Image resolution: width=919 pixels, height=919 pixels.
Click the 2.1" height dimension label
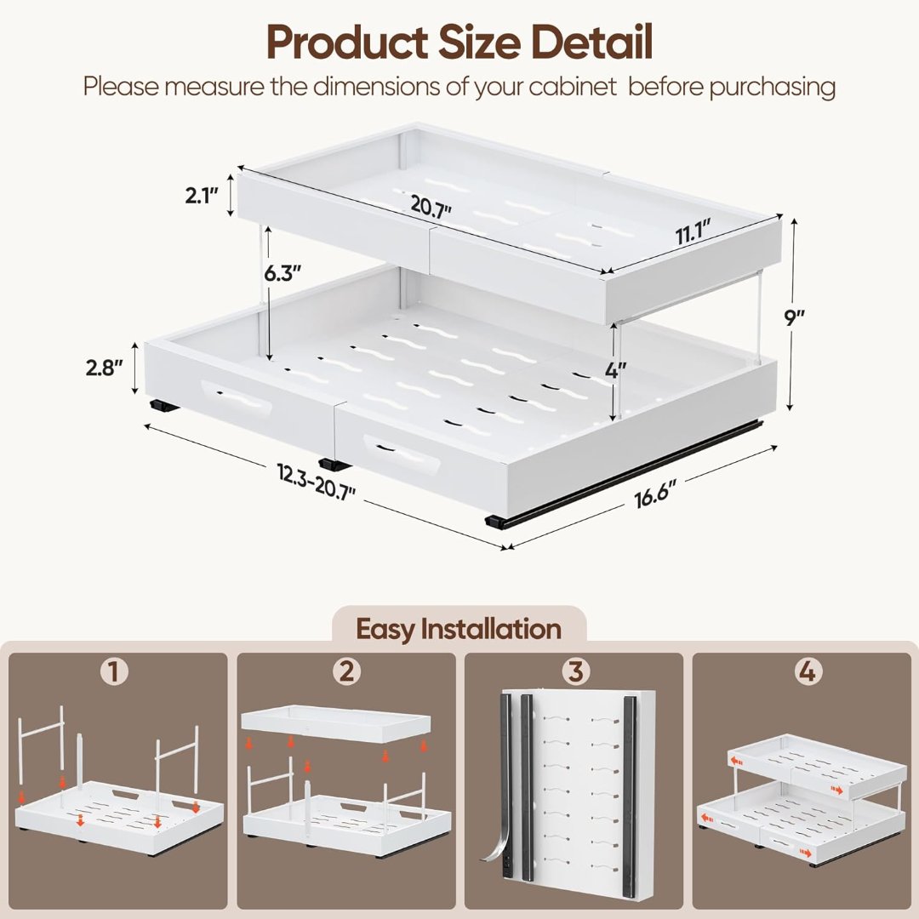tap(202, 195)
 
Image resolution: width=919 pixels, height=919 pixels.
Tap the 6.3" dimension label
tap(282, 272)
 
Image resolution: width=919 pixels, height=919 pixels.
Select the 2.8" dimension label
tap(105, 368)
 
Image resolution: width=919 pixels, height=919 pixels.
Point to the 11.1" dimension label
tap(694, 232)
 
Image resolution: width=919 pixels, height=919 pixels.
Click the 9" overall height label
tap(795, 317)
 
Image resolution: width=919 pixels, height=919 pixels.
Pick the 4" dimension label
tap(615, 370)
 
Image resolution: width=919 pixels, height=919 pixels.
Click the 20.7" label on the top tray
tap(431, 206)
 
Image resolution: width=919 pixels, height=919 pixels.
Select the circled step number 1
tap(114, 671)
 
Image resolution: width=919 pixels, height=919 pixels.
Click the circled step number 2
tap(346, 671)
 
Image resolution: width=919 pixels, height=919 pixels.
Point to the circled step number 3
tap(575, 671)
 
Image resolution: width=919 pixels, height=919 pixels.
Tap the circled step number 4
tap(807, 671)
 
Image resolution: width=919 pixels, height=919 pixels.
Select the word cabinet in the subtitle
tap(573, 86)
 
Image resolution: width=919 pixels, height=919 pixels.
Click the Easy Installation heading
tap(459, 629)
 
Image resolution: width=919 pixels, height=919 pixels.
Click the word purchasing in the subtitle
tap(772, 87)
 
